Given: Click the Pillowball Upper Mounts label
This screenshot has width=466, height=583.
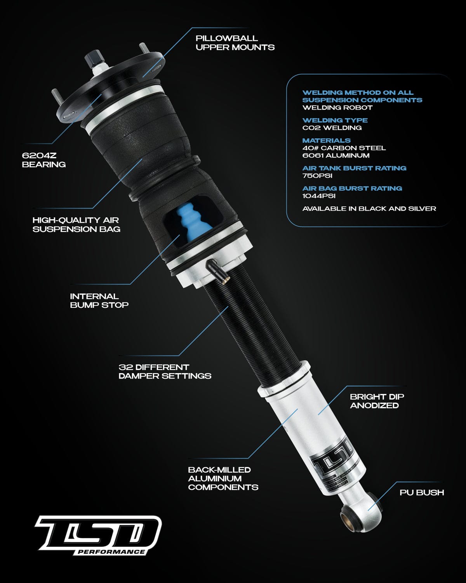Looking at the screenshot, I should [235, 43].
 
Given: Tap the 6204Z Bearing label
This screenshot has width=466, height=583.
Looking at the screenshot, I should [43, 160].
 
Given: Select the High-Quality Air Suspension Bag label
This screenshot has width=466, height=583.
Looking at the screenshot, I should [76, 225].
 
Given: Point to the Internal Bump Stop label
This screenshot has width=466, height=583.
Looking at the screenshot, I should [99, 300].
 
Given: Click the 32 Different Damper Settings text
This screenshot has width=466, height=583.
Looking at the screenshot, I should [165, 371].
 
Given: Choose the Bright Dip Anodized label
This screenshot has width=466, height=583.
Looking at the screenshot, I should [377, 401].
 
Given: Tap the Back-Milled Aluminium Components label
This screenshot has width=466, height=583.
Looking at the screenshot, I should [223, 478].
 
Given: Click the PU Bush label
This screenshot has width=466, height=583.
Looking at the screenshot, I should [421, 492].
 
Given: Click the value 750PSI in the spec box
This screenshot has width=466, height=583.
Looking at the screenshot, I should [317, 176].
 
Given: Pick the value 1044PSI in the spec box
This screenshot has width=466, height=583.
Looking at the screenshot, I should [318, 196].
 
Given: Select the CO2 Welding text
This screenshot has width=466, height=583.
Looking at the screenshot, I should [332, 127].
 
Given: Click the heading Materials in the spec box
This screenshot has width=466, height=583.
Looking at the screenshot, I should [326, 140].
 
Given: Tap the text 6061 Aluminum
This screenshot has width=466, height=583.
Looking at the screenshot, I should [336, 155].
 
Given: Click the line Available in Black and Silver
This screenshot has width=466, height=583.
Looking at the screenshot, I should [369, 209].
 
